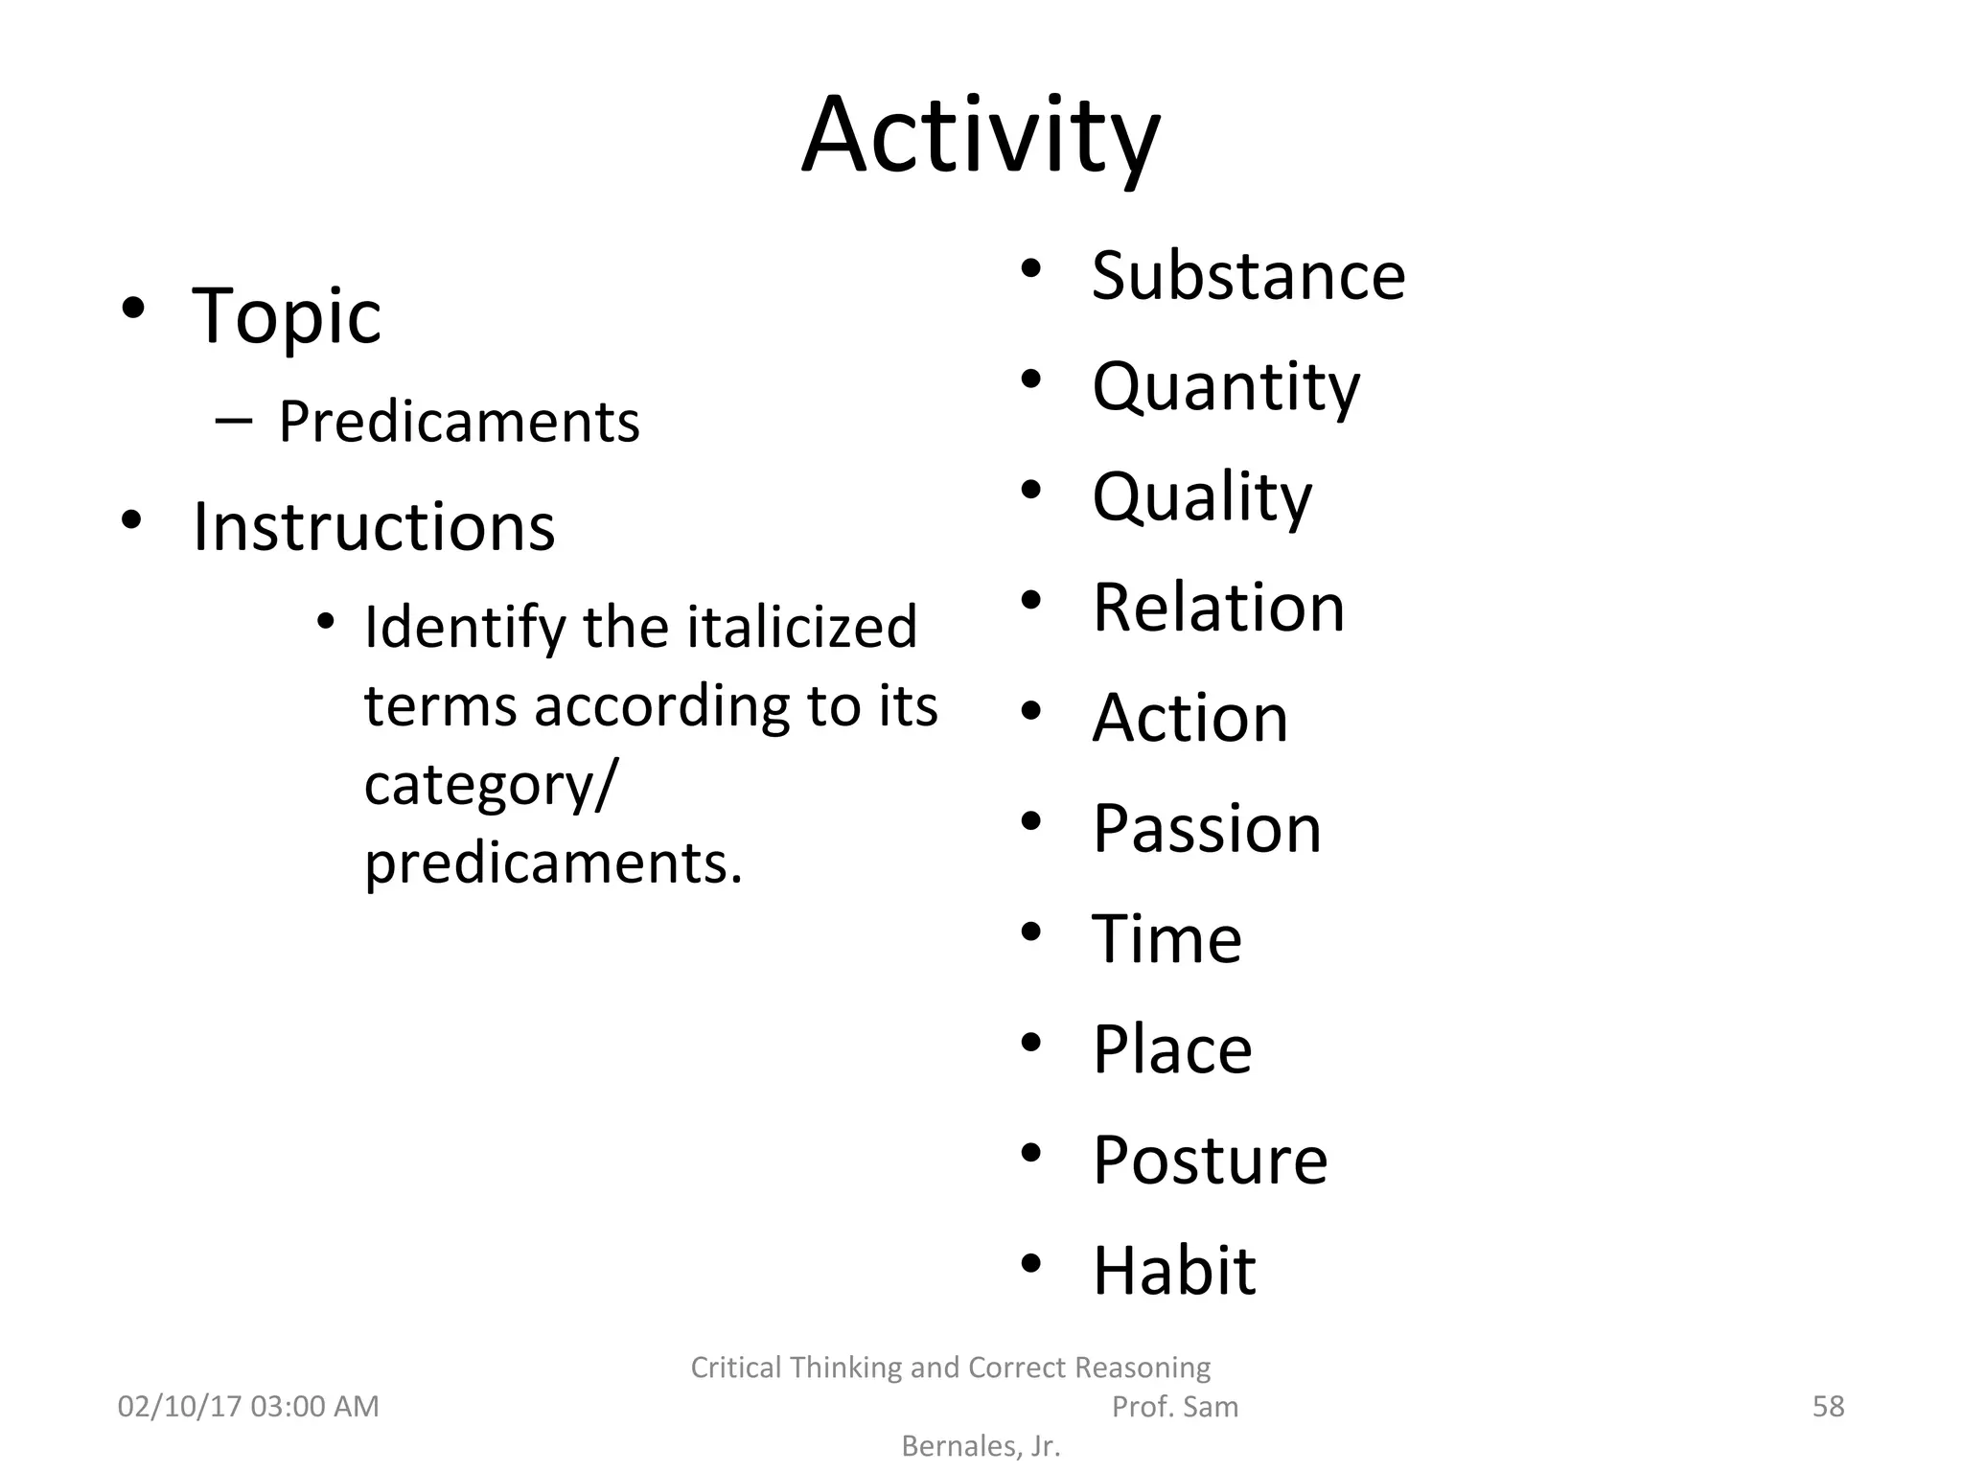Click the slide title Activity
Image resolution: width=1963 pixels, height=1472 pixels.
pos(981,136)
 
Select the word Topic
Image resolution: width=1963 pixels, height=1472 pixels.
pos(286,315)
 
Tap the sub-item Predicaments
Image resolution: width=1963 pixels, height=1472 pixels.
pos(458,422)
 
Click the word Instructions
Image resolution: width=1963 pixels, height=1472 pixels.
pos(374,527)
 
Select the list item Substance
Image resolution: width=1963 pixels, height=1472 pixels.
pos(1248,276)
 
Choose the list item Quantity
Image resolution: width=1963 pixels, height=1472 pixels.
pos(1225,387)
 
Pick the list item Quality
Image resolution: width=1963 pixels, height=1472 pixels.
pos(1201,497)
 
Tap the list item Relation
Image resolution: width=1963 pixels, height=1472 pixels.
pos(1218,608)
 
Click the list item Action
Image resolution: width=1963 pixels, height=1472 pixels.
pos(1189,718)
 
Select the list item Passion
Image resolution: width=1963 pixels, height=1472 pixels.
pos(1207,828)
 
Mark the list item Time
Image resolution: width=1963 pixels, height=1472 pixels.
pos(1166,939)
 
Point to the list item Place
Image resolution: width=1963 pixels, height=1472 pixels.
pos(1171,1049)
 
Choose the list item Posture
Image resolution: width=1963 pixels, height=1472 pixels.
pos(1210,1161)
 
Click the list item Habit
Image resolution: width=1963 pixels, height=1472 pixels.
pos(1173,1271)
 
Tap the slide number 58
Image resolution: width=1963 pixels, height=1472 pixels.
pos(1828,1407)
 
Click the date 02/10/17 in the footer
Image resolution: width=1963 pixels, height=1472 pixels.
pos(179,1407)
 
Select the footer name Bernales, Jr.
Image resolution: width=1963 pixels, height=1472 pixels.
pos(981,1446)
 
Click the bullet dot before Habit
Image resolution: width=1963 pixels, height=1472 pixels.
pos(1030,1263)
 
